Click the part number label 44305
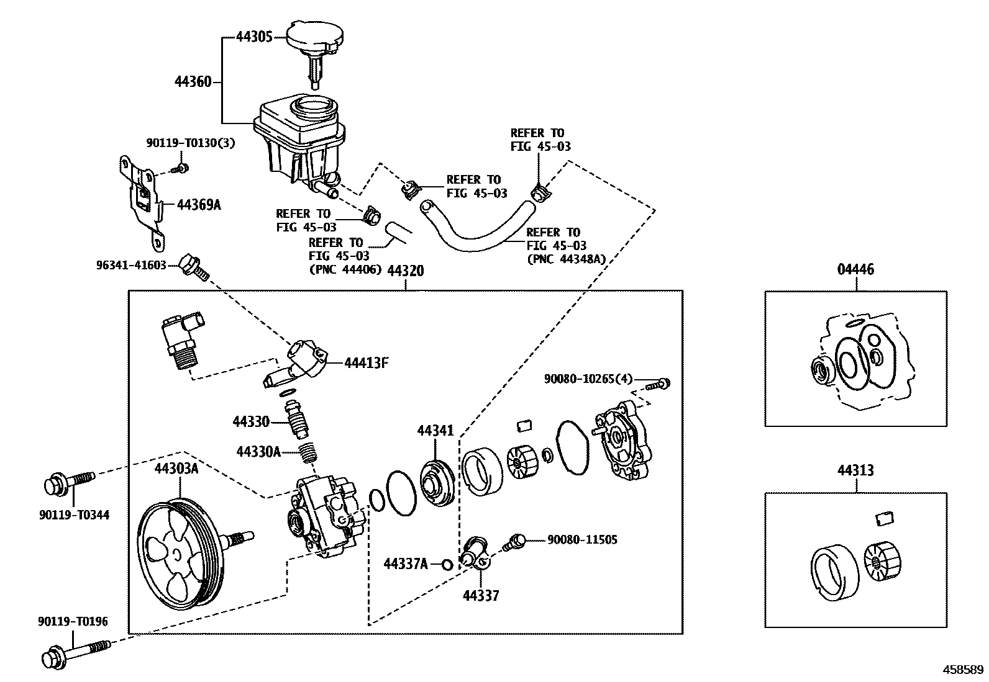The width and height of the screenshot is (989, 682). [254, 36]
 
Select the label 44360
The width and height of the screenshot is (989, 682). [193, 81]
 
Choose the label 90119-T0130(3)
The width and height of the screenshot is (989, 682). [190, 143]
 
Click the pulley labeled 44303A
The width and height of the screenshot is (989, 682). [177, 552]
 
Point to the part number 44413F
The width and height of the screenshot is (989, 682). [366, 363]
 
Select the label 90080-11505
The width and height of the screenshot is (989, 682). [582, 540]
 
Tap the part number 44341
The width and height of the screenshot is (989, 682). [435, 431]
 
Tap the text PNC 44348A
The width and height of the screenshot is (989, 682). [565, 259]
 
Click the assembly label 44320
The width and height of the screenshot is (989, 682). [406, 271]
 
